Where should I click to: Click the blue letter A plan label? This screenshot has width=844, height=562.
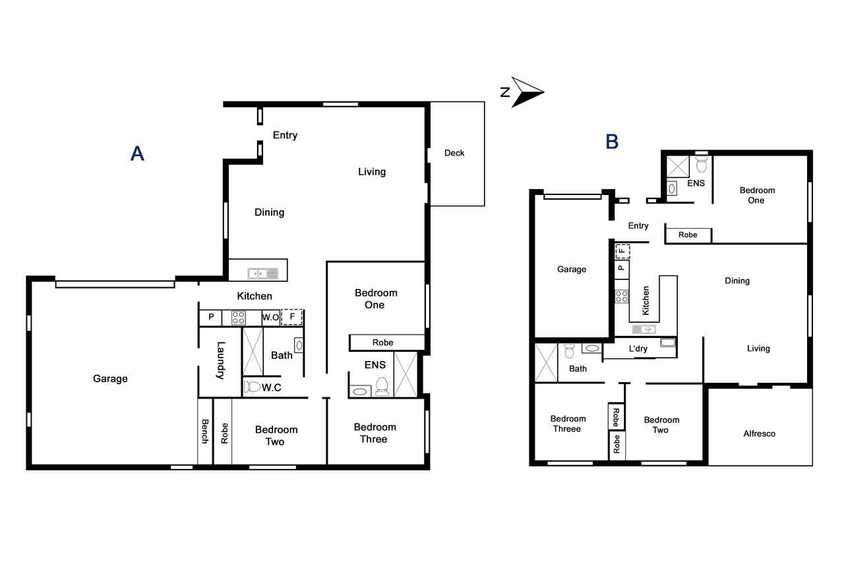click(137, 154)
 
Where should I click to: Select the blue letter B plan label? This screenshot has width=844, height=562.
click(612, 142)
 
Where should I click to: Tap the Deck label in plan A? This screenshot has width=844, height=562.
click(454, 153)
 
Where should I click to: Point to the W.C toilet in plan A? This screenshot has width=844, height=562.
click(253, 387)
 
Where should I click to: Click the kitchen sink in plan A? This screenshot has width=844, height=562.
click(262, 273)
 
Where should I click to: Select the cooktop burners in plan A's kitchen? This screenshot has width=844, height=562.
click(238, 318)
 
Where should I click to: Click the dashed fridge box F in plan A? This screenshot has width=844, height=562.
click(291, 317)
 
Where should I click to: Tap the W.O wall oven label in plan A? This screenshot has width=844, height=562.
click(270, 318)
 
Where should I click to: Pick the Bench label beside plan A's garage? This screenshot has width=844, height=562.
click(205, 431)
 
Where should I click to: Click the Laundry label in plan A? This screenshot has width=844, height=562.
click(220, 360)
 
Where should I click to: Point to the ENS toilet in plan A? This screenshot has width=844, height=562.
click(382, 386)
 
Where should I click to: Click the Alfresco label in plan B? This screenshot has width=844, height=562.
click(759, 434)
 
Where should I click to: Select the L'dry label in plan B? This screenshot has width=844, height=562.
click(638, 349)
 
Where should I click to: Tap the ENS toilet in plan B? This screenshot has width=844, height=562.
click(701, 164)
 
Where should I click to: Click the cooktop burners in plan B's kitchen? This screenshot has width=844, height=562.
click(622, 296)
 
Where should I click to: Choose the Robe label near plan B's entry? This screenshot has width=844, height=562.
click(688, 235)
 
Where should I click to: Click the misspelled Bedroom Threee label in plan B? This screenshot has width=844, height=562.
click(568, 424)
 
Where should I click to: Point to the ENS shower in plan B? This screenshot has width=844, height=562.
click(678, 167)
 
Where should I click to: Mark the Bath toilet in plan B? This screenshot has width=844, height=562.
click(569, 351)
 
